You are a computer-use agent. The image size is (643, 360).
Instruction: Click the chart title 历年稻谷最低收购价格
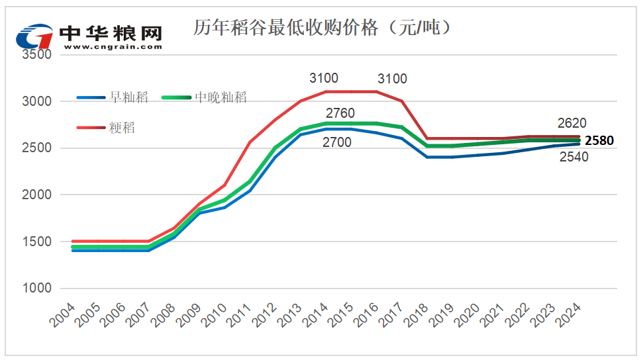[x=323, y=28]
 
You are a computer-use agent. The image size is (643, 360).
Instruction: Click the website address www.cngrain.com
[x=113, y=47]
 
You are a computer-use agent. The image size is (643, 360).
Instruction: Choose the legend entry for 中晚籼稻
[x=221, y=97]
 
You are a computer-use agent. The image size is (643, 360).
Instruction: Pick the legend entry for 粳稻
[x=122, y=128]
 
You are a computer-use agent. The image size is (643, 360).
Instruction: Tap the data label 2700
[x=336, y=142]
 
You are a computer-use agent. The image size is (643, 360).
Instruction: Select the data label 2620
[x=572, y=123]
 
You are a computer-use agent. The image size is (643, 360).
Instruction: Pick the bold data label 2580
[x=599, y=140]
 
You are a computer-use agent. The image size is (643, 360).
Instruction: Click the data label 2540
[x=574, y=157]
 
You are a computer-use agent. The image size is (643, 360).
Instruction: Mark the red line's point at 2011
[x=249, y=142]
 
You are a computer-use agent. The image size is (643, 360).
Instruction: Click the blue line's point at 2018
[x=427, y=157]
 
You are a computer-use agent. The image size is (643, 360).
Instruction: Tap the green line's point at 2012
[x=274, y=148]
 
